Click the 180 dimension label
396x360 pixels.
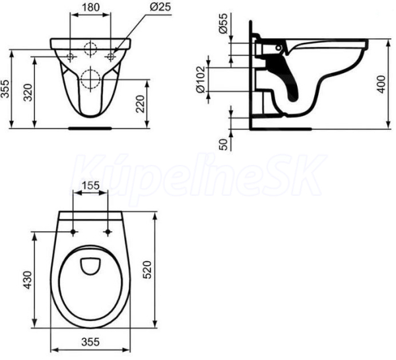(x=90, y=7)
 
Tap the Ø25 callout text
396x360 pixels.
(x=160, y=7)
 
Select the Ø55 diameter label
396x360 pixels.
(x=223, y=24)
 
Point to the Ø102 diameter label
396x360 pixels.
(x=201, y=79)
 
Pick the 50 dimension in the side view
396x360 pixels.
(x=223, y=144)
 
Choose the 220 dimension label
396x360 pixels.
(x=141, y=104)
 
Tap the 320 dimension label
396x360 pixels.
(x=28, y=92)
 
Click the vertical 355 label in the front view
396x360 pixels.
(x=5, y=88)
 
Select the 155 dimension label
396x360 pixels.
(x=90, y=186)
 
